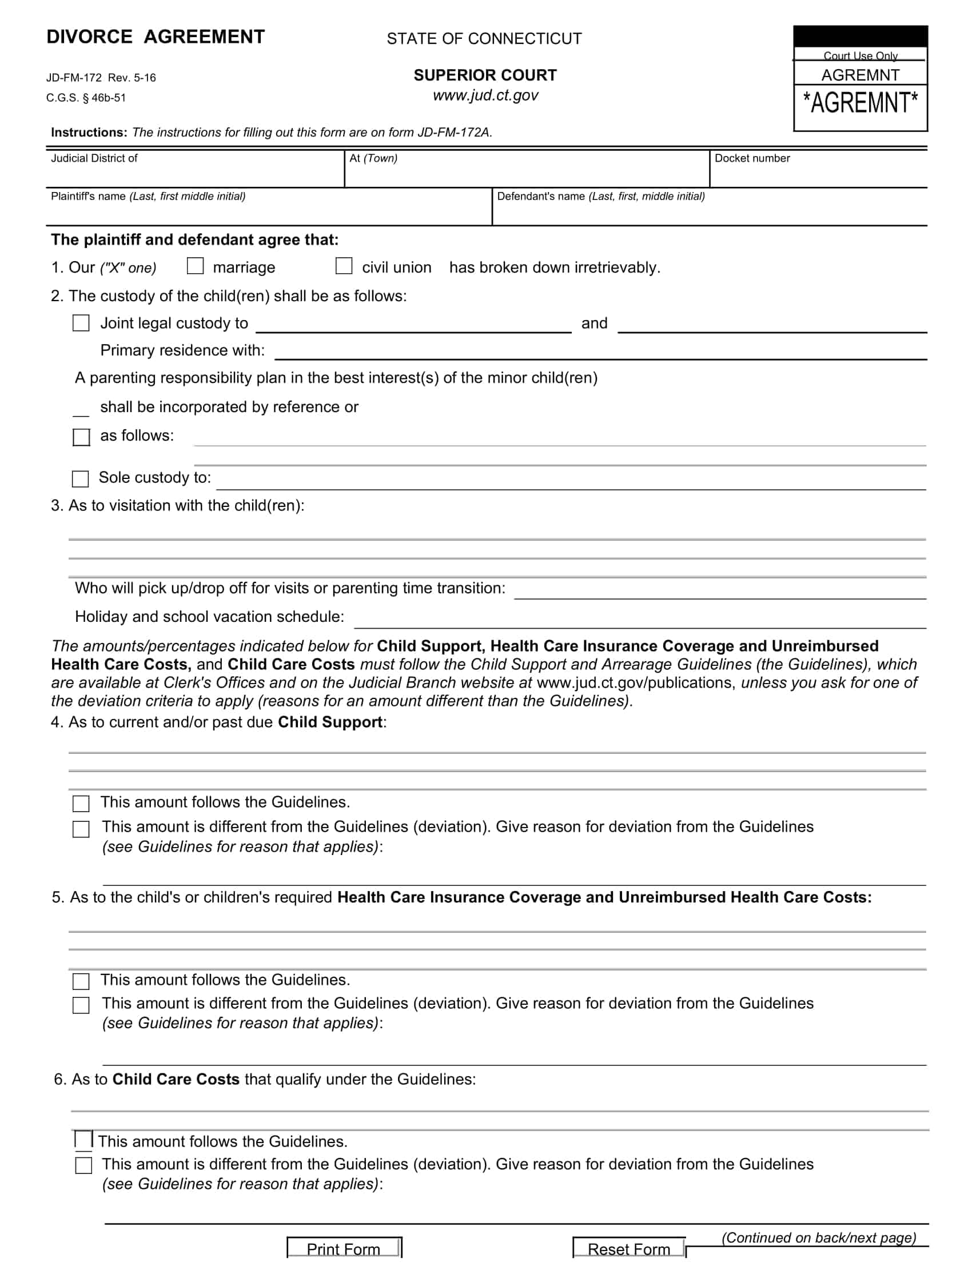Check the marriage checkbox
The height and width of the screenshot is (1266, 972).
(196, 266)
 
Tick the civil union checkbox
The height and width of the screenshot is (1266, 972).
(344, 266)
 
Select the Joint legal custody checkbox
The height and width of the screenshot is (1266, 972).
(81, 323)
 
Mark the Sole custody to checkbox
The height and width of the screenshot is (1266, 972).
(81, 478)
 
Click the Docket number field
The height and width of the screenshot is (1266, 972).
(818, 174)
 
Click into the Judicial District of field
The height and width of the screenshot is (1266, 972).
(194, 174)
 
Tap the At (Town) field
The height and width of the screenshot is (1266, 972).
(527, 174)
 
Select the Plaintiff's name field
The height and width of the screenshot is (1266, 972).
(269, 211)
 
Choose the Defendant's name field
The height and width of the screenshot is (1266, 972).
(710, 211)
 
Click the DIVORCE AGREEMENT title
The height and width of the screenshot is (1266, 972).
(156, 37)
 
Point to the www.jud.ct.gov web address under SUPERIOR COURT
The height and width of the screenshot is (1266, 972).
(485, 95)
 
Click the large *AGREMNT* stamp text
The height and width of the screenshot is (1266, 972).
(860, 103)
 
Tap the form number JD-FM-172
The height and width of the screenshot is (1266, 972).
(74, 78)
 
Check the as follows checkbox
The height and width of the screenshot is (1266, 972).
(81, 437)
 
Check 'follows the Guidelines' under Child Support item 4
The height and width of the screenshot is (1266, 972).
(81, 803)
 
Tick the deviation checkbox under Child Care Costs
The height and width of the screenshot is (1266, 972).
(83, 1165)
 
